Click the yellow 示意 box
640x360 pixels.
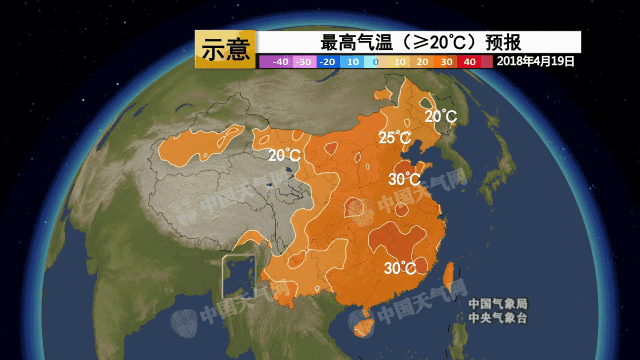tap(225, 49)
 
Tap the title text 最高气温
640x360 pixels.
tap(357, 42)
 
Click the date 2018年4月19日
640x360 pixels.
tap(536, 61)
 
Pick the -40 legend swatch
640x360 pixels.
tap(280, 62)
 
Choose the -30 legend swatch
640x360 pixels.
tap(304, 62)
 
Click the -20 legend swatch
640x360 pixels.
tap(327, 62)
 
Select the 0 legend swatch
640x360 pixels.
tap(375, 62)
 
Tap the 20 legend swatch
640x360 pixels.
tap(423, 62)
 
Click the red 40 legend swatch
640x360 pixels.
tap(470, 62)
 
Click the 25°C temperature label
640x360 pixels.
tap(395, 138)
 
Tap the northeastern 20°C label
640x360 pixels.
tap(440, 116)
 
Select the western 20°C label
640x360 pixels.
tap(284, 155)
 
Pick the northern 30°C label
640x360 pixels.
tap(404, 179)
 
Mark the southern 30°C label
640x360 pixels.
tap(400, 268)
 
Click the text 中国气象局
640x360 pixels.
tap(497, 304)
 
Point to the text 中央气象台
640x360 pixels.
tap(497, 318)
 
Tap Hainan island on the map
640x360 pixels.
tap(363, 321)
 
